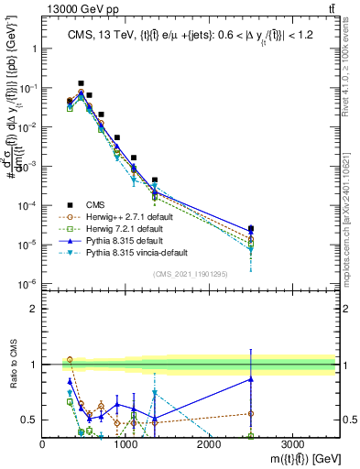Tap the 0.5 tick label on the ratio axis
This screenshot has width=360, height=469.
[x=30, y=420]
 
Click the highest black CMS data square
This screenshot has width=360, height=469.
[x=81, y=83]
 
